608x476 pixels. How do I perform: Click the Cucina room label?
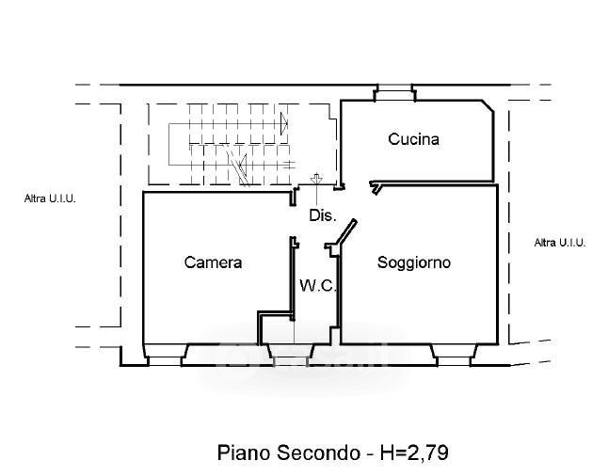click(413, 139)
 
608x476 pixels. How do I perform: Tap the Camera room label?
click(213, 262)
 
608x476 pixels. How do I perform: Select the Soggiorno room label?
click(413, 262)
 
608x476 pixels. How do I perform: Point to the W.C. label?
click(318, 285)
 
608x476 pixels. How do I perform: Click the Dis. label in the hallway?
click(323, 215)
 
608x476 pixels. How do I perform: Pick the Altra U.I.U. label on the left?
click(50, 198)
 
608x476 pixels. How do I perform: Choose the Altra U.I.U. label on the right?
click(560, 243)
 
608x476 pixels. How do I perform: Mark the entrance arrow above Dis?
click(317, 180)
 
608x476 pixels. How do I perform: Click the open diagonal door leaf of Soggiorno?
click(345, 232)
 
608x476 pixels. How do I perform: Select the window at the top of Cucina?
click(393, 93)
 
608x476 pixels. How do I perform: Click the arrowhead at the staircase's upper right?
click(283, 119)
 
